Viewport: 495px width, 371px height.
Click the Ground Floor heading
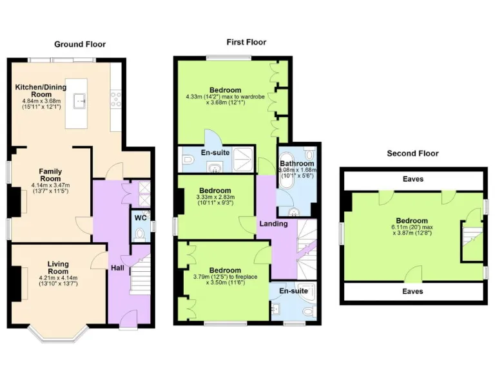point(79,44)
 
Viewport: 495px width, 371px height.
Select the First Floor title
point(246,43)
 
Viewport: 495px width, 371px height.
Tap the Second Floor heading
point(412,153)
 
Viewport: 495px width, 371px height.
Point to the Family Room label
point(50,175)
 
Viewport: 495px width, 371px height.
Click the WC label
point(140,218)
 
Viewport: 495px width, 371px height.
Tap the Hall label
point(117,267)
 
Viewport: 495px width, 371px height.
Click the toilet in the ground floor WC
point(141,233)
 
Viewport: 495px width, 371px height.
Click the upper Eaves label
point(412,178)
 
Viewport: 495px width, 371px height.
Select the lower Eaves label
point(412,291)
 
